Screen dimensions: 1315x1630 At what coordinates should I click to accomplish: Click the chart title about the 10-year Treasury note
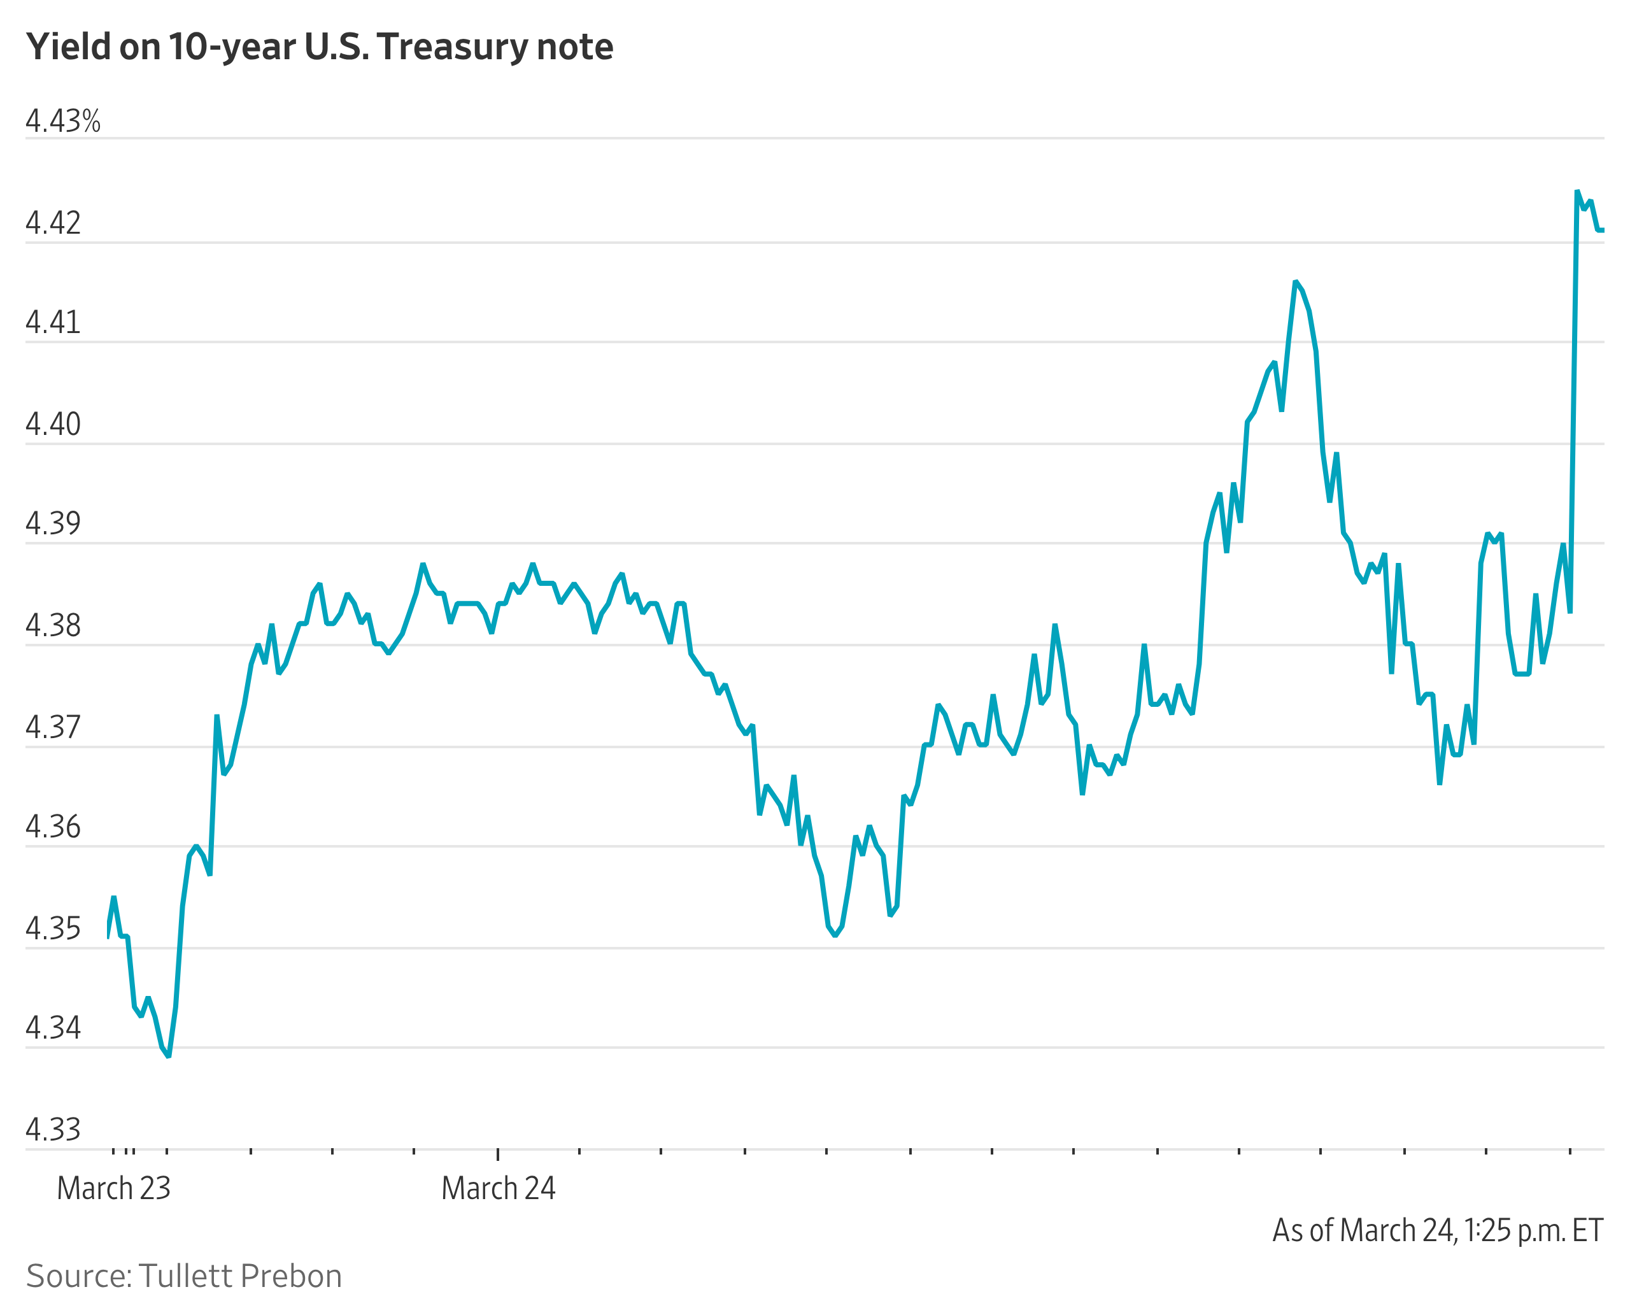point(319,47)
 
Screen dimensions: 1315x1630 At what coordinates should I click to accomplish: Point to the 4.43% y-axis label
point(63,121)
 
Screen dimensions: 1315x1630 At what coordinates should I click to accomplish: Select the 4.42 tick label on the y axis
point(53,223)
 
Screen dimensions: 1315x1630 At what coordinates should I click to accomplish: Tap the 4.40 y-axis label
point(53,424)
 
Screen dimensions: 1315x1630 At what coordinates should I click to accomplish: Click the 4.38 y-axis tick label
point(53,626)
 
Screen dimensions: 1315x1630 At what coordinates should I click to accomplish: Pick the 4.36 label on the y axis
point(53,827)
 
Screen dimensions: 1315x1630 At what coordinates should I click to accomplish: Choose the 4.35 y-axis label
point(53,928)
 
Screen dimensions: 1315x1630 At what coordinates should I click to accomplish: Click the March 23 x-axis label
point(113,1188)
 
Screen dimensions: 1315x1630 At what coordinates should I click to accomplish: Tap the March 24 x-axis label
point(499,1188)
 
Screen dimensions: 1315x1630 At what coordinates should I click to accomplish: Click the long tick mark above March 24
point(498,1154)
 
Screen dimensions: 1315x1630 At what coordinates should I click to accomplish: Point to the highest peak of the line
point(1577,191)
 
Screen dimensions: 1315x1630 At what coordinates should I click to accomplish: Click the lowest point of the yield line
point(168,1056)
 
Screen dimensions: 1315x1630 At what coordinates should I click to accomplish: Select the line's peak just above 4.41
point(1296,281)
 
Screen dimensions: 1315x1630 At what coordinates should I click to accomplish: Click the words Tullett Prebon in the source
point(240,1276)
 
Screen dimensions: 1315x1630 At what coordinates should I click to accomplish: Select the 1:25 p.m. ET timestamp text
point(1533,1230)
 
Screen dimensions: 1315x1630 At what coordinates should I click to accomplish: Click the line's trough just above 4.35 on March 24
point(835,935)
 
